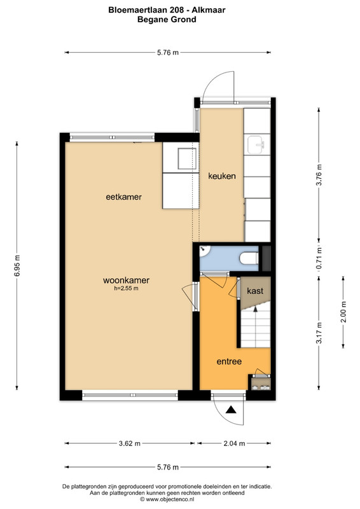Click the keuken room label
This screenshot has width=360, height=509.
click(x=222, y=176)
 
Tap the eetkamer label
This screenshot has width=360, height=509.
click(x=123, y=197)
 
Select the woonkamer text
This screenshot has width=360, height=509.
click(x=126, y=280)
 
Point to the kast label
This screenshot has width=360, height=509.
click(x=255, y=291)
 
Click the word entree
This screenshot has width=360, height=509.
click(x=229, y=361)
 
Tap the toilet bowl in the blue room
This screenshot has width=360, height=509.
click(x=249, y=258)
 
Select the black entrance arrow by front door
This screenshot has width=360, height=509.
click(x=231, y=410)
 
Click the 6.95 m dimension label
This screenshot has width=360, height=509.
click(x=17, y=265)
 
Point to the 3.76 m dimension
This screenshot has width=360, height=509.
click(x=319, y=175)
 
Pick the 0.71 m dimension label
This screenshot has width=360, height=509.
click(x=319, y=258)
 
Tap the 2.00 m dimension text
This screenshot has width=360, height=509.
click(x=343, y=312)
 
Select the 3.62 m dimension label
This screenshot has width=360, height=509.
click(x=130, y=443)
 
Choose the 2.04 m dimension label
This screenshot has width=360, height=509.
click(x=234, y=443)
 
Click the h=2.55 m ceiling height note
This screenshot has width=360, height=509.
click(x=127, y=288)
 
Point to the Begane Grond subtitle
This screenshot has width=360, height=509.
click(x=167, y=20)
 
